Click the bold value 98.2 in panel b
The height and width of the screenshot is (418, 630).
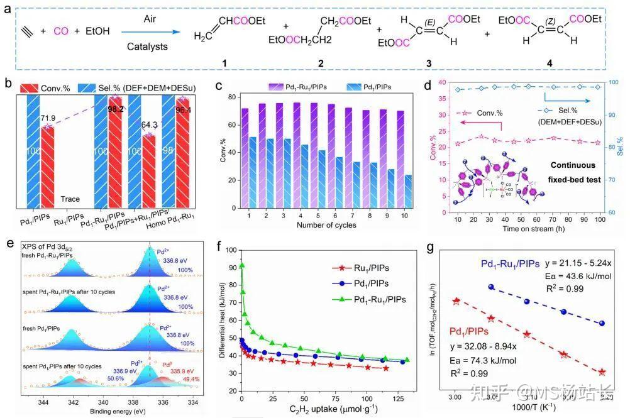pos(115,109)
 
